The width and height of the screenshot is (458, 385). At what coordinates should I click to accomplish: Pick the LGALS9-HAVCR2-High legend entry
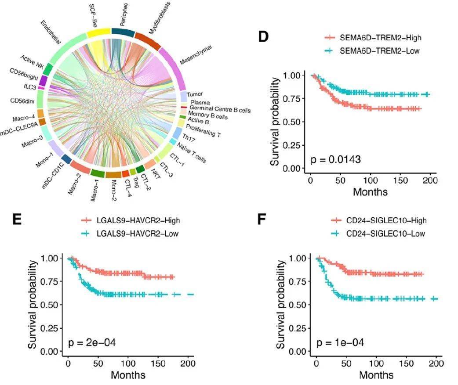click(131, 221)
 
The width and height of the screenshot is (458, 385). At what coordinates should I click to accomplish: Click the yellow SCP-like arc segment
click(98, 33)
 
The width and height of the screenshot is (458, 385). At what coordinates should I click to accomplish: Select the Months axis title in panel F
click(376, 375)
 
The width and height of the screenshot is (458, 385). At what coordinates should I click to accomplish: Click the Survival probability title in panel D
click(276, 122)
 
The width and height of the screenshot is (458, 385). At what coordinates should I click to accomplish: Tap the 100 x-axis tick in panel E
click(128, 364)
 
